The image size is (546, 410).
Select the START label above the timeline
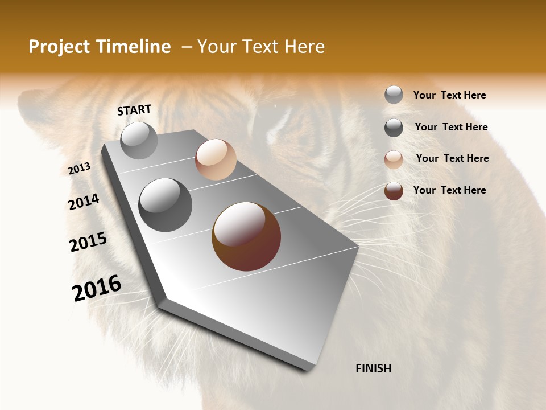pyautogui.click(x=134, y=110)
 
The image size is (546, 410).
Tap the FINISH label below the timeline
pyautogui.click(x=374, y=368)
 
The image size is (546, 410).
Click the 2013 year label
pyautogui.click(x=79, y=169)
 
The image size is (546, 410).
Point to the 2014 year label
pyautogui.click(x=84, y=202)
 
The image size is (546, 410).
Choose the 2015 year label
pyautogui.click(x=88, y=242)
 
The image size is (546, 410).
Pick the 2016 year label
pyautogui.click(x=97, y=288)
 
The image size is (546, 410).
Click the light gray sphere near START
pyautogui.click(x=139, y=140)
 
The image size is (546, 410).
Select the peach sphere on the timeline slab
pyautogui.click(x=216, y=159)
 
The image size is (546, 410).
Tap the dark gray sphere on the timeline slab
pyautogui.click(x=166, y=205)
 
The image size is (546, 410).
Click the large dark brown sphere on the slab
pyautogui.click(x=246, y=236)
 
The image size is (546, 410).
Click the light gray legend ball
pyautogui.click(x=394, y=95)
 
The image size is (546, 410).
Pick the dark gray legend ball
pyautogui.click(x=394, y=128)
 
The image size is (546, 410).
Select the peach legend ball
pyautogui.click(x=394, y=159)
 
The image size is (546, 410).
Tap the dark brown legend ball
pyautogui.click(x=394, y=191)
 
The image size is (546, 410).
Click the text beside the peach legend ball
pyautogui.click(x=452, y=158)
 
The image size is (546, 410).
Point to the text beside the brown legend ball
pyautogui.click(x=449, y=190)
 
